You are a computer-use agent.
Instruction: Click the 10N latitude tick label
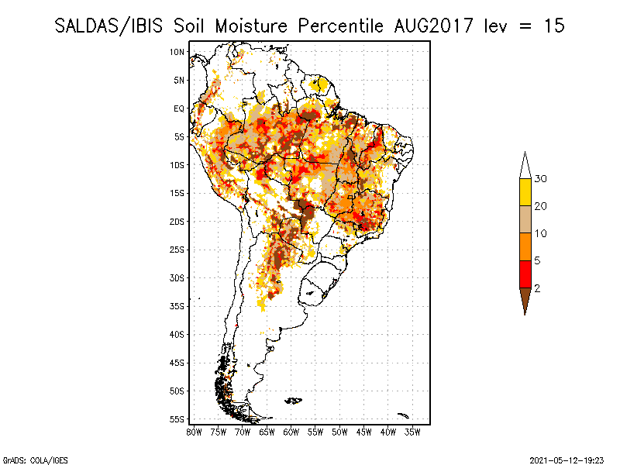(x=177, y=52)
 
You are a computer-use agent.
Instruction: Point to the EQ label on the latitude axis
(x=179, y=108)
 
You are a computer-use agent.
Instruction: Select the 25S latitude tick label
(x=177, y=250)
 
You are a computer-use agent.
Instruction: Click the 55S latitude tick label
(x=177, y=419)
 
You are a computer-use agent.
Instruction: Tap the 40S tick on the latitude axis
(x=177, y=334)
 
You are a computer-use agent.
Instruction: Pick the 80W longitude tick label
(x=195, y=432)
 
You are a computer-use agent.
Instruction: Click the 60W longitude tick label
(x=291, y=432)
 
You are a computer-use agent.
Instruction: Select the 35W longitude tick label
(x=413, y=432)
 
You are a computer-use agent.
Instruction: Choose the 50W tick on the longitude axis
(x=340, y=432)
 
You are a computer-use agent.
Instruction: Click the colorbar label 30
(x=541, y=179)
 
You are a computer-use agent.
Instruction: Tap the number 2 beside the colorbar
(x=537, y=288)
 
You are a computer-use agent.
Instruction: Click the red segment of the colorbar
(x=525, y=274)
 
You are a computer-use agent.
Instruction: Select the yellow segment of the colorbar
(x=525, y=192)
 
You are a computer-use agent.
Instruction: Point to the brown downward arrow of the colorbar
(x=525, y=298)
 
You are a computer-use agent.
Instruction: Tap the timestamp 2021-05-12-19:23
(x=566, y=459)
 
